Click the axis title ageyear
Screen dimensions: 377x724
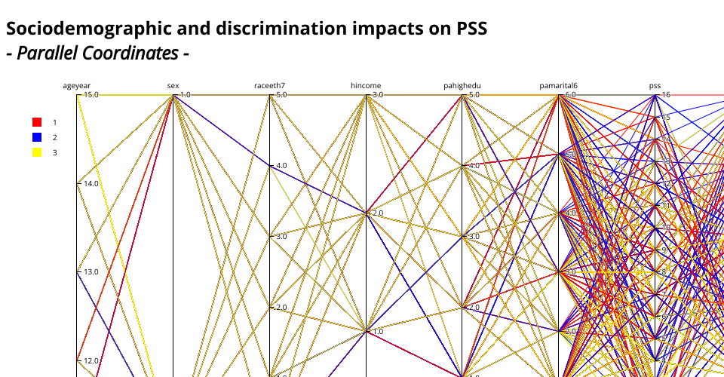77,86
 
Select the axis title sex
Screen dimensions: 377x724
173,86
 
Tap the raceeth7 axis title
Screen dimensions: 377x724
270,86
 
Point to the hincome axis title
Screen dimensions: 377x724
367,86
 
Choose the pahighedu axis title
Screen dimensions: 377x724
462,86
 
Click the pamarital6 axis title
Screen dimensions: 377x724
559,86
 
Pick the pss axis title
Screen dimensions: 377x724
655,86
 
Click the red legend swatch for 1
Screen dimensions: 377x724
37,122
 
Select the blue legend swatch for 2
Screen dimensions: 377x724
37,137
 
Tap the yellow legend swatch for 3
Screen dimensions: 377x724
37,152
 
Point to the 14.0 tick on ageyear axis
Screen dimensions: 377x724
90,183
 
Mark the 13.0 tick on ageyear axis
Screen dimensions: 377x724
90,271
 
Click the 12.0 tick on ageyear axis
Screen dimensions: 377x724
90,360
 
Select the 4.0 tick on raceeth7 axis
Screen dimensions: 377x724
282,166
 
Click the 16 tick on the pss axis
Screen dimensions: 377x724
666,95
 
